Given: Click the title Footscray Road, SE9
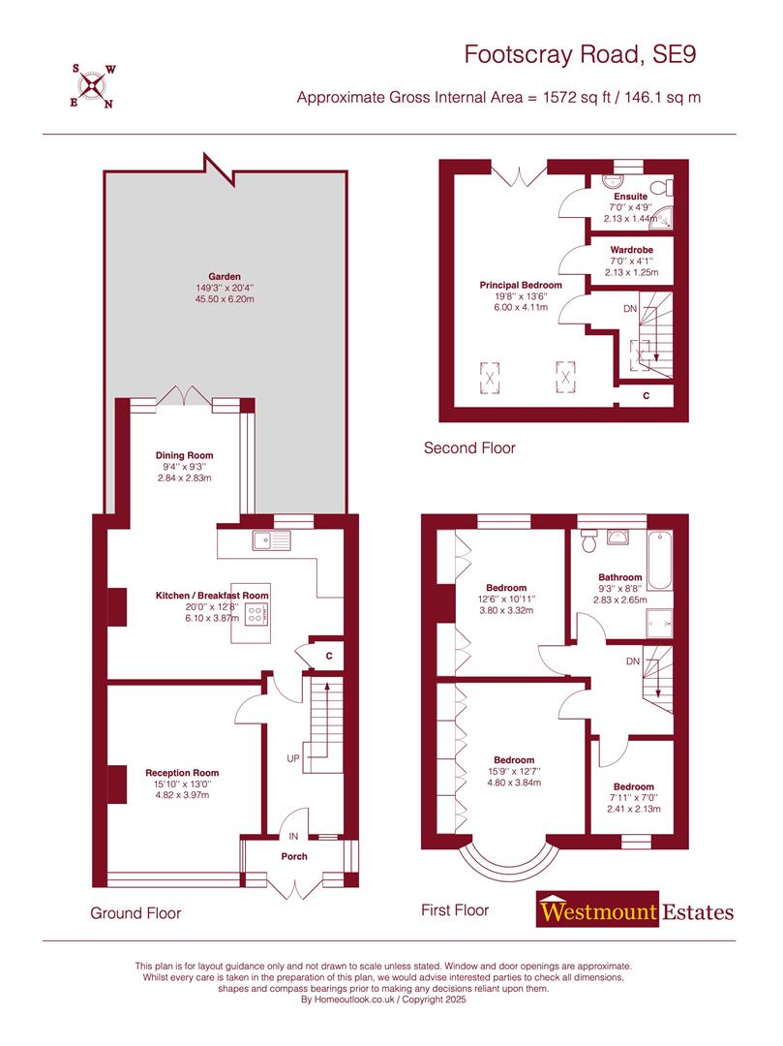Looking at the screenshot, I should pos(580,54).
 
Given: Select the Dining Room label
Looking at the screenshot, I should pos(184,455).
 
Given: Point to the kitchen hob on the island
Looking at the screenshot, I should pos(256,612).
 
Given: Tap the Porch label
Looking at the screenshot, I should pos(294,856).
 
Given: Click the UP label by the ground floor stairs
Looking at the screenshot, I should pos(292,757).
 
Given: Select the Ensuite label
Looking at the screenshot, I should pos(628,197).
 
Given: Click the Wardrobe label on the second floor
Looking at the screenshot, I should pos(630,250).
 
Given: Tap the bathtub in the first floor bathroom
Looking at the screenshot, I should pos(661,560).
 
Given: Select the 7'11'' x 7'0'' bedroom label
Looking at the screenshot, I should pos(633,786).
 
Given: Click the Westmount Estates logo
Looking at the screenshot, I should pos(636,911).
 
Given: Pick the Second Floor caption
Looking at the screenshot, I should pos(469,448).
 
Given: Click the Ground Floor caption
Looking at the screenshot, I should pos(136,913).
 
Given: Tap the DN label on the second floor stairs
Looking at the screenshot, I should pos(631,309).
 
